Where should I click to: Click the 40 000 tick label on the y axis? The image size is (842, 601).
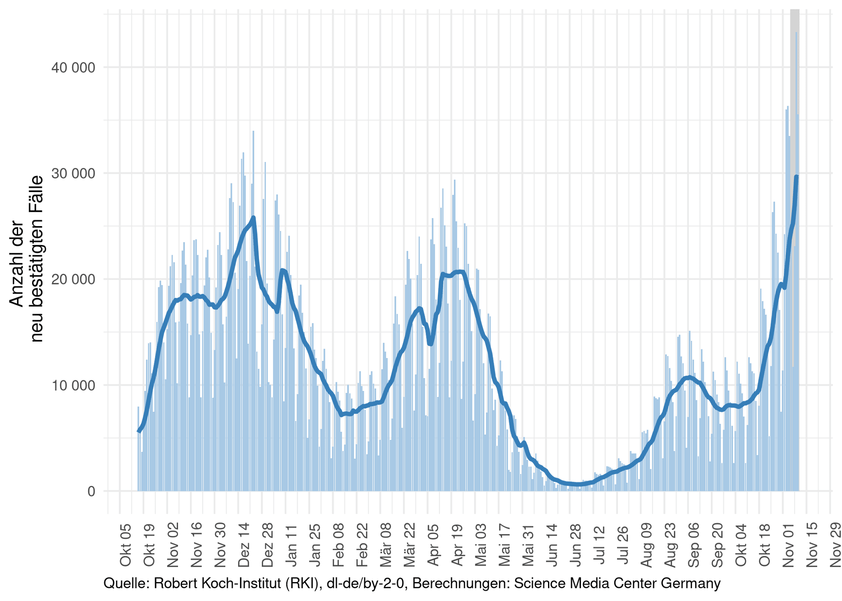point(73,68)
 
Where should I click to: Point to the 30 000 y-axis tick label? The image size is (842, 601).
point(73,173)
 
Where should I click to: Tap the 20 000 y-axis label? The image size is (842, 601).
point(73,280)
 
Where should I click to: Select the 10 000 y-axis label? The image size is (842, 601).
point(73,386)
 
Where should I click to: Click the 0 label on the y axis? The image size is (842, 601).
point(91,491)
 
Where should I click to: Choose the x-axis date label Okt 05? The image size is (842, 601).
point(125,545)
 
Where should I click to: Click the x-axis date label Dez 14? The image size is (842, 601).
point(244,545)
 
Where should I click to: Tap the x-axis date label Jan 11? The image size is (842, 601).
point(291,545)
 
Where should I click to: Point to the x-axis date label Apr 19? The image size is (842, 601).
point(457,545)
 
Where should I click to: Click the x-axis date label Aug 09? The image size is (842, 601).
point(646,545)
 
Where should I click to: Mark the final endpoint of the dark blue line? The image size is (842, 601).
point(796,177)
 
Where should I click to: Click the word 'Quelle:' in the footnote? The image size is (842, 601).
point(126,583)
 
